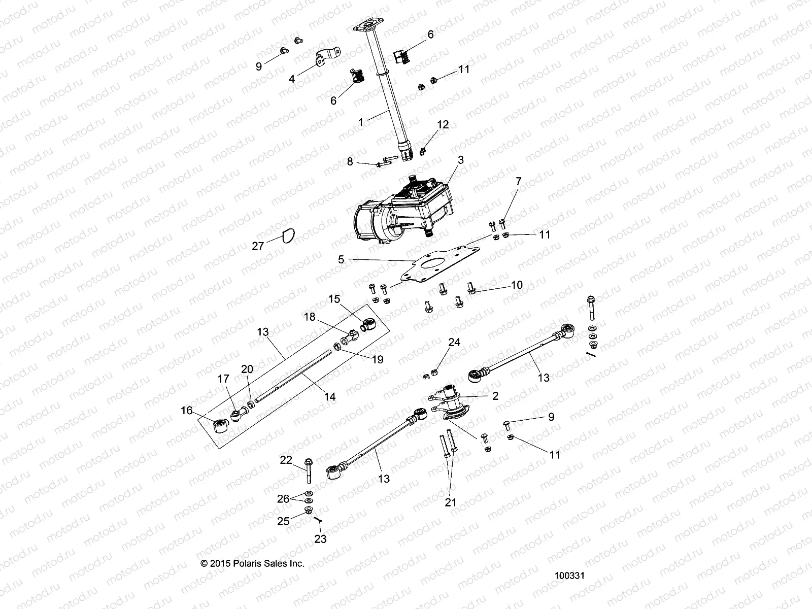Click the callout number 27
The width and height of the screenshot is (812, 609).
click(258, 246)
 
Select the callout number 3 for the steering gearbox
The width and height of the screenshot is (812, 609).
click(460, 160)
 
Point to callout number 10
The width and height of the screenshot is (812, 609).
click(517, 285)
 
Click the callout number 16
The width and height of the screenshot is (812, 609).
click(187, 410)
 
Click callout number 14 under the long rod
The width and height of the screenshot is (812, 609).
click(330, 396)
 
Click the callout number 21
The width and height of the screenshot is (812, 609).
click(451, 502)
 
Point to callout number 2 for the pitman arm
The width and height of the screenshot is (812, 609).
click(495, 396)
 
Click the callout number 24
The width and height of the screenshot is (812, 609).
click(454, 343)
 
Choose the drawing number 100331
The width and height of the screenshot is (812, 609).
click(570, 576)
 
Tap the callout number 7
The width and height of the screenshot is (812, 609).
click(518, 181)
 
